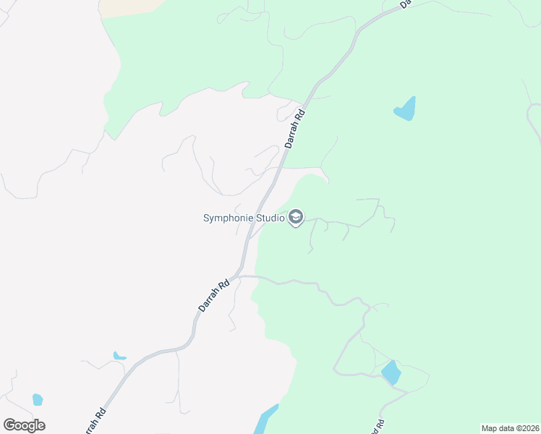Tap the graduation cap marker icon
[295, 217]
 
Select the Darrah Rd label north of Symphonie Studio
[296, 129]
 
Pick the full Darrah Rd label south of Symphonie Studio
[213, 296]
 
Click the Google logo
[24, 425]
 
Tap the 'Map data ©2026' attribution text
[510, 428]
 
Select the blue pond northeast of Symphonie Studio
[406, 109]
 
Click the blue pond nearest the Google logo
[38, 399]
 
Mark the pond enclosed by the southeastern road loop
[391, 373]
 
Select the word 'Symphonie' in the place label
[226, 217]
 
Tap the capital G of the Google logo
[9, 425]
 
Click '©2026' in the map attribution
[525, 428]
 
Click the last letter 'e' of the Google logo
[41, 426]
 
